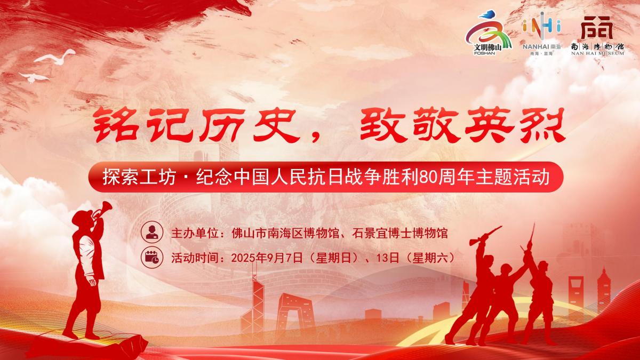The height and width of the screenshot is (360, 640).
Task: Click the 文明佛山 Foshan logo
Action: point(487,33)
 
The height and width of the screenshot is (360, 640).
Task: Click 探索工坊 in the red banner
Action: point(139,177)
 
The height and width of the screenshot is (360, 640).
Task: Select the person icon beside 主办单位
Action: point(152,232)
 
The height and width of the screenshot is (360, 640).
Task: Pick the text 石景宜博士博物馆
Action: point(399,233)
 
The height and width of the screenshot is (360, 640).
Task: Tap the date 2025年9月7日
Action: point(267,258)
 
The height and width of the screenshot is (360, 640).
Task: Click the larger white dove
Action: point(55,57)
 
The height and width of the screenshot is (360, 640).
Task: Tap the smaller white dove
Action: point(34,77)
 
